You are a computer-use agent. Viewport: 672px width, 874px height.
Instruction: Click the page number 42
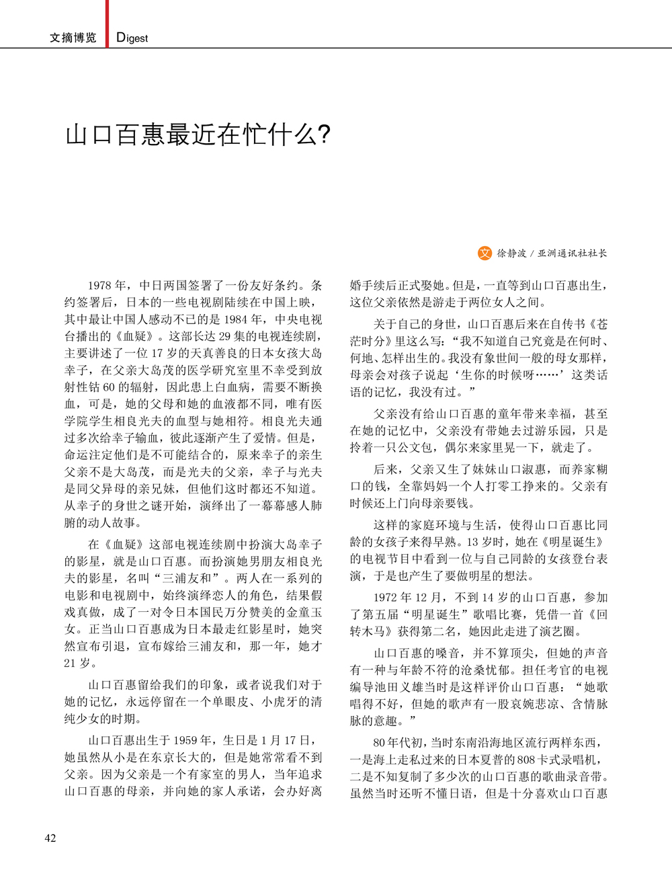pyautogui.click(x=50, y=838)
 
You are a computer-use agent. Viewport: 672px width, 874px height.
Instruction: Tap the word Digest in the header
pyautogui.click(x=132, y=38)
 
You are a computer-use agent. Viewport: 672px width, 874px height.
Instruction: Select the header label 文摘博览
pyautogui.click(x=73, y=38)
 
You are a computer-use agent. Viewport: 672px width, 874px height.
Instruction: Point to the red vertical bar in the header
pyautogui.click(x=107, y=24)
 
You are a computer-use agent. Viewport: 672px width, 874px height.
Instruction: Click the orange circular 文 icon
pyautogui.click(x=485, y=253)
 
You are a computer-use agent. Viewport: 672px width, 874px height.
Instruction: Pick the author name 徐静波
pyautogui.click(x=512, y=253)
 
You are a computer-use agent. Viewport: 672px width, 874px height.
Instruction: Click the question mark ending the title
pyautogui.click(x=323, y=135)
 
